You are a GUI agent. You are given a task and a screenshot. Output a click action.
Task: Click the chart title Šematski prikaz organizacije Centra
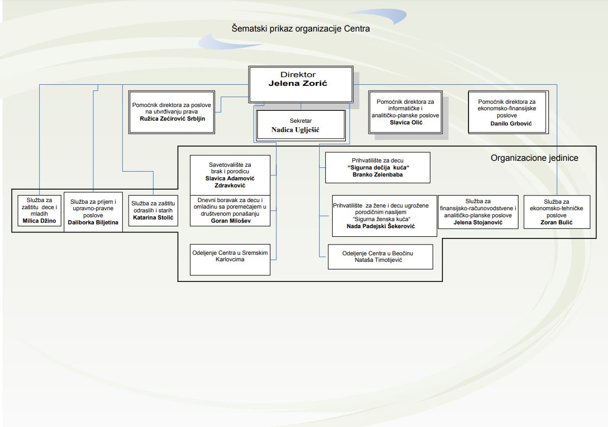click(300, 28)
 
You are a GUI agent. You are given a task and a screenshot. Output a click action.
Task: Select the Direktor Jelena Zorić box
click(301, 84)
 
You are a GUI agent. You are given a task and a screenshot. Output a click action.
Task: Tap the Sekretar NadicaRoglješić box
click(301, 125)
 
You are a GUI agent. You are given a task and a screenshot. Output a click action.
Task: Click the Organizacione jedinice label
click(534, 158)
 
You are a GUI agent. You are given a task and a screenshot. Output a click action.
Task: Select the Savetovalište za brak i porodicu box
click(230, 174)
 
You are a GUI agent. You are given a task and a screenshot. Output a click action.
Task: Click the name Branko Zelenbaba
click(377, 175)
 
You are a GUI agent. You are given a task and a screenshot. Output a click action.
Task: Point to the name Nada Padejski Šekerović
click(381, 225)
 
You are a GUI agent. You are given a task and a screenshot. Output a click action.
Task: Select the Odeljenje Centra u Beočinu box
click(380, 257)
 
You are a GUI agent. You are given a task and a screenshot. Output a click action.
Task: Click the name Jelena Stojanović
click(478, 222)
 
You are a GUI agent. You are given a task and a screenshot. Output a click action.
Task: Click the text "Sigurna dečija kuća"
click(377, 168)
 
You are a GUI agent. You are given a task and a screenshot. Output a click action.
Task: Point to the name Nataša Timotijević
click(380, 260)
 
